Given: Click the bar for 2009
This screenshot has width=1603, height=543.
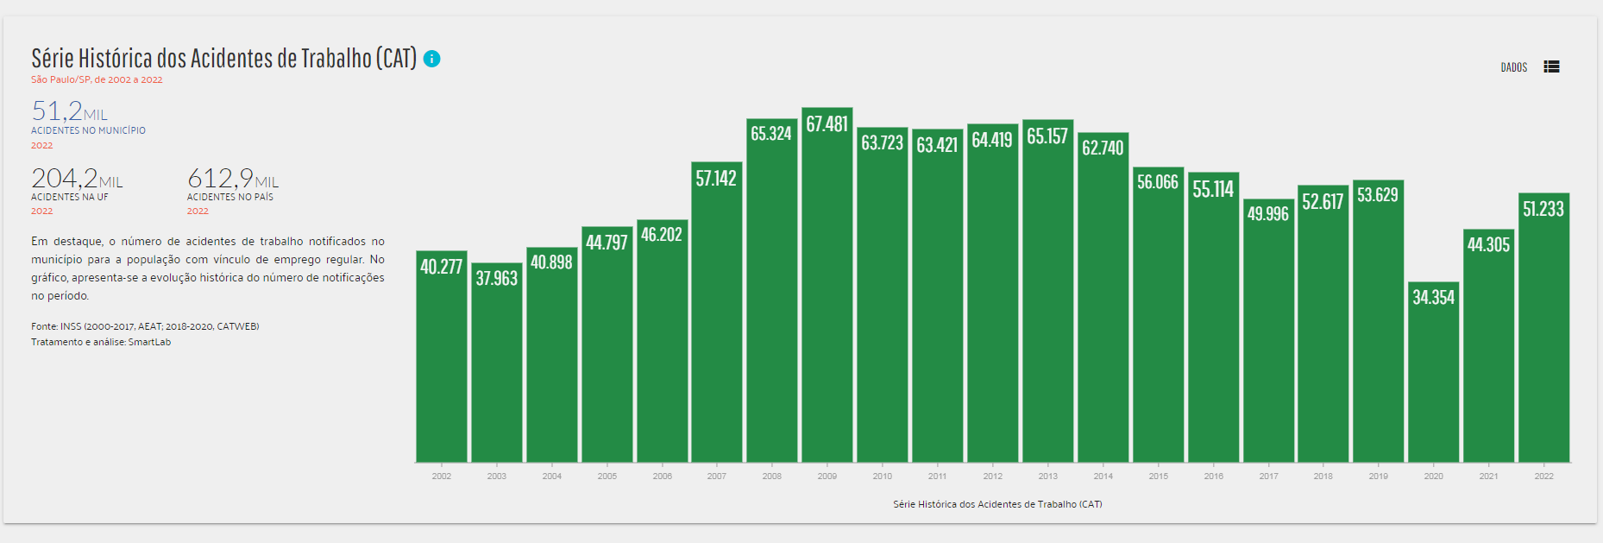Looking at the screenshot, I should click(827, 294).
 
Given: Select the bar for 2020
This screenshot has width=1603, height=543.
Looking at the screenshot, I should click(1433, 380).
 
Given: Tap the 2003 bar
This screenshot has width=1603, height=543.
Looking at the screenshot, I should click(496, 371).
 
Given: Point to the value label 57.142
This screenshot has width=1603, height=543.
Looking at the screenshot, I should click(716, 179).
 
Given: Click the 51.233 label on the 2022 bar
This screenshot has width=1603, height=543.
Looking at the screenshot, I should click(1543, 209).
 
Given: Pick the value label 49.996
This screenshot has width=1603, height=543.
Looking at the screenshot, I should click(1267, 214).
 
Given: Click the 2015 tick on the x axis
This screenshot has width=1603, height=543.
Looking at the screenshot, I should click(1158, 477).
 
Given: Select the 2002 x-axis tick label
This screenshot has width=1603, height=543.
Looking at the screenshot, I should click(441, 477).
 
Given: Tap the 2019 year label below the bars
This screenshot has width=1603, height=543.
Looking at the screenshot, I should click(1378, 477).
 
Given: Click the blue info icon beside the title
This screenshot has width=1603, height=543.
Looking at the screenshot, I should click(432, 59).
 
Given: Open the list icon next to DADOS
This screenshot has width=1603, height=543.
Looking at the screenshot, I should click(1551, 67).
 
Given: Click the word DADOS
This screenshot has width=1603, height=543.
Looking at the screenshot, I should click(1513, 67).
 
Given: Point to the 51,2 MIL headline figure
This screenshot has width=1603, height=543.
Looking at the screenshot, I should click(69, 111).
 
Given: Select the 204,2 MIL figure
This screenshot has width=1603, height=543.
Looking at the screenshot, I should click(77, 179).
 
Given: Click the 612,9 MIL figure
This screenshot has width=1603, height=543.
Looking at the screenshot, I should click(233, 179).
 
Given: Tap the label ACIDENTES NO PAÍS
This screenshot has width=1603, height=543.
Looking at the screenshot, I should click(230, 198).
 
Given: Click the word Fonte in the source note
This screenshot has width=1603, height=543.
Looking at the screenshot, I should click(43, 326).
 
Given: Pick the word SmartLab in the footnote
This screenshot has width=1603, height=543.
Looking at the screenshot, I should click(149, 343).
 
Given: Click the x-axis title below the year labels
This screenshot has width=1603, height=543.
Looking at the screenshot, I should click(997, 504).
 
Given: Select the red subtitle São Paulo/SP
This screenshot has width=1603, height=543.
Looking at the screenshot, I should click(61, 79).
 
